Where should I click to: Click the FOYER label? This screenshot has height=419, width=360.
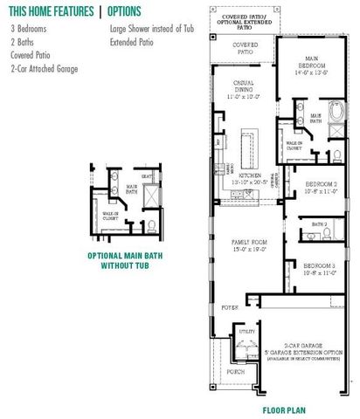[229, 307]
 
